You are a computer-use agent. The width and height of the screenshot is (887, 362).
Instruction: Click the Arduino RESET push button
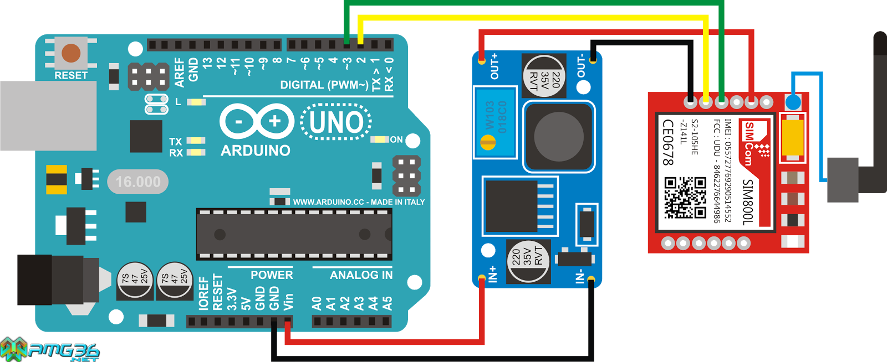click(x=71, y=53)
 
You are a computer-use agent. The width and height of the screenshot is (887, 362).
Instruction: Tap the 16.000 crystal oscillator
click(x=137, y=182)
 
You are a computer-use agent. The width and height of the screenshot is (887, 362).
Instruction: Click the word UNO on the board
click(x=336, y=122)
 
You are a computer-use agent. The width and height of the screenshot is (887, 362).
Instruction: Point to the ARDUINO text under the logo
click(x=256, y=151)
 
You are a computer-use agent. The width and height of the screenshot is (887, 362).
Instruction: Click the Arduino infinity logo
click(x=256, y=121)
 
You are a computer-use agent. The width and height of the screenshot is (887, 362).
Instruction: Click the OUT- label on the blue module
click(x=580, y=66)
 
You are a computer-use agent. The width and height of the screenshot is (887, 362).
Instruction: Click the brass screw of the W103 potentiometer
click(x=487, y=144)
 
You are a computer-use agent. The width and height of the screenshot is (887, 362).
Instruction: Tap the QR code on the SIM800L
click(x=685, y=198)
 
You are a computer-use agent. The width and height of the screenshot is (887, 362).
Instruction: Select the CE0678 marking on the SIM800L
click(x=669, y=142)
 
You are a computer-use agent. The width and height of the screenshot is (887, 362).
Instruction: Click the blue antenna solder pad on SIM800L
click(x=793, y=102)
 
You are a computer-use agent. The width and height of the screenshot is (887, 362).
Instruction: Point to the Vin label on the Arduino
click(x=288, y=302)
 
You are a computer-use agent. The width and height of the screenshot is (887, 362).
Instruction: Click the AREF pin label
click(x=179, y=73)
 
